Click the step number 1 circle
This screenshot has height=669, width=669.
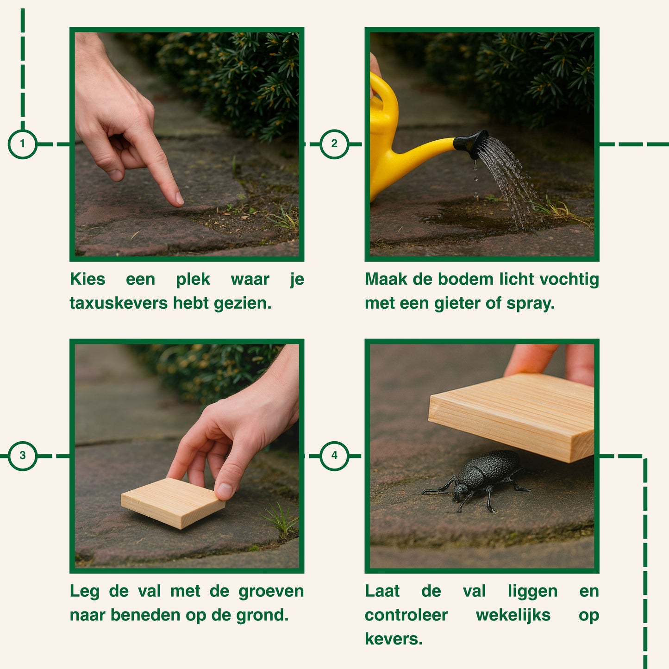[x=23, y=144]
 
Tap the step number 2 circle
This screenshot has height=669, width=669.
[x=334, y=144]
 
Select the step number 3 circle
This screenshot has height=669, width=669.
[x=23, y=456]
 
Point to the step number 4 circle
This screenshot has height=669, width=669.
[x=334, y=456]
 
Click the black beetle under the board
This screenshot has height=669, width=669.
[x=479, y=480]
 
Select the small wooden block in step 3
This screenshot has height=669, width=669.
[x=173, y=502]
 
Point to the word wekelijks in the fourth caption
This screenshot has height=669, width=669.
[x=513, y=615]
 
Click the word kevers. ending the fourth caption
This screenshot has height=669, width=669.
[x=394, y=639]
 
